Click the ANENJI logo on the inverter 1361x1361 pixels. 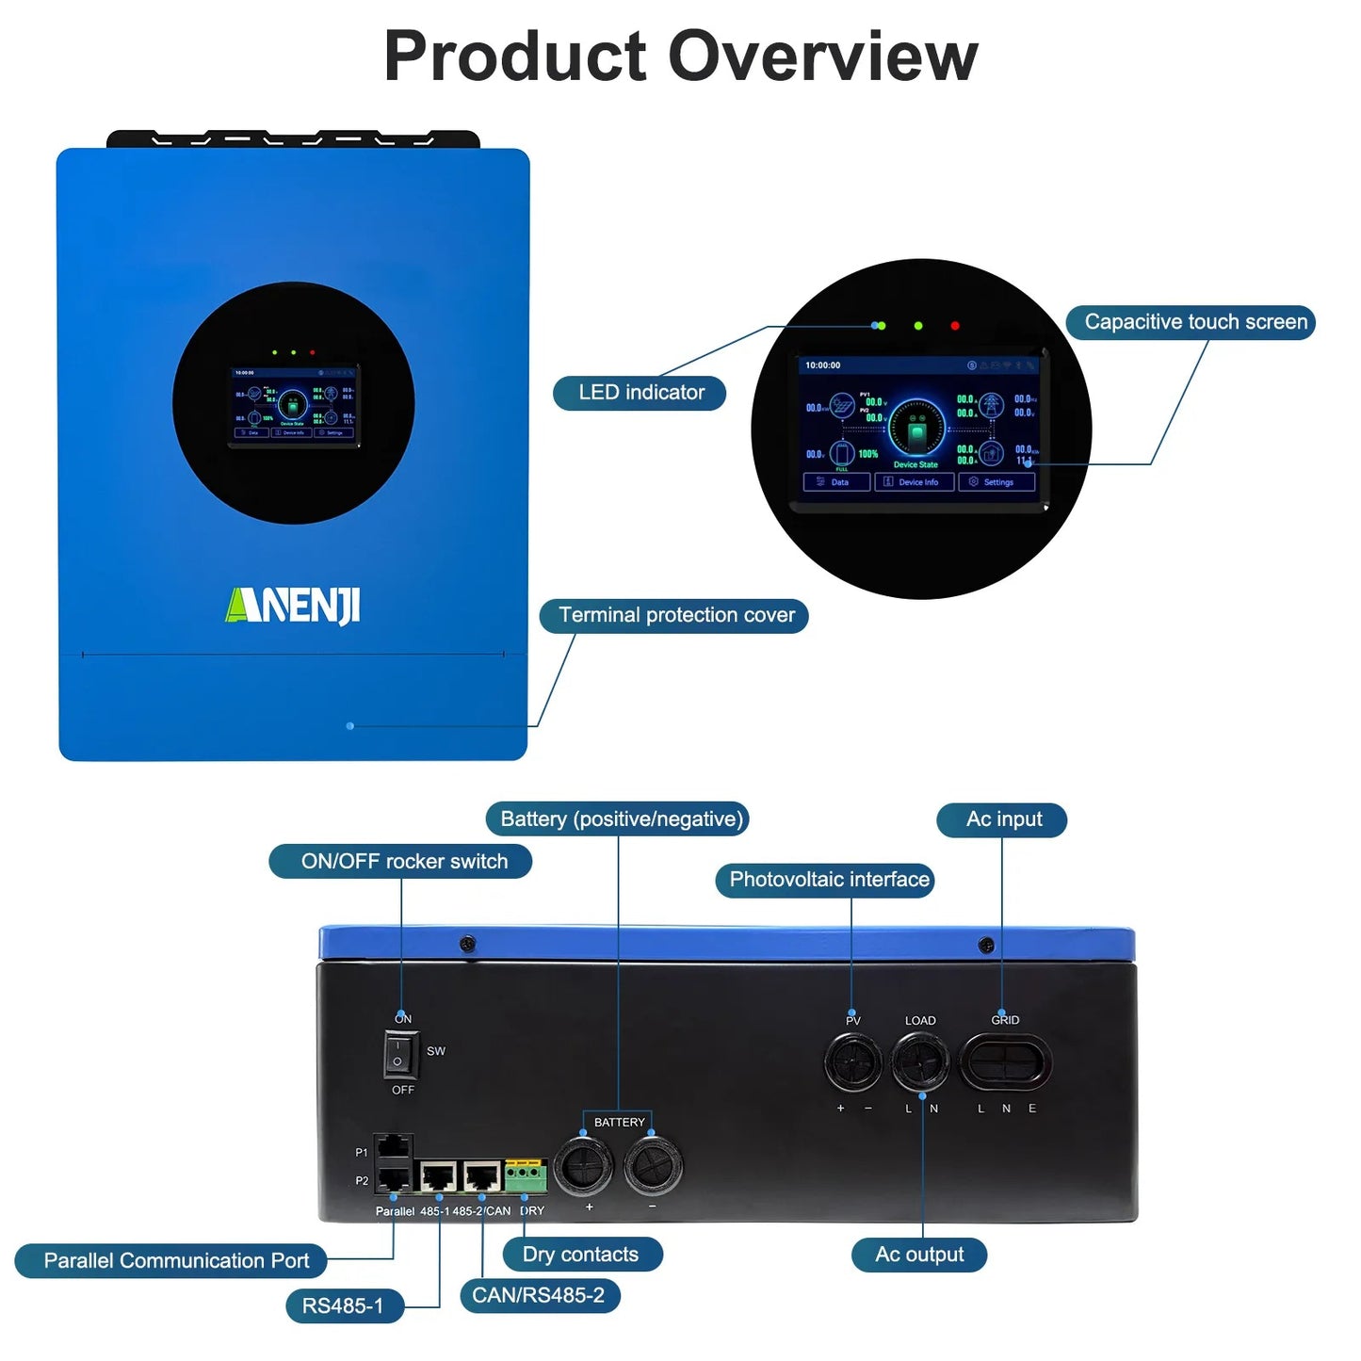coord(293,606)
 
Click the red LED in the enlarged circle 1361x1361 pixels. coord(955,326)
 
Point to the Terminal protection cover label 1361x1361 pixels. coord(675,616)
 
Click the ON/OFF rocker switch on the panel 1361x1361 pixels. coord(400,1054)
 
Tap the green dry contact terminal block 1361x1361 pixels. coord(526,1176)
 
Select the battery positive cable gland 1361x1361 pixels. coord(584,1166)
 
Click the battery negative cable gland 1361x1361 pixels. coord(653,1166)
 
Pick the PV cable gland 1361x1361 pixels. coord(853,1061)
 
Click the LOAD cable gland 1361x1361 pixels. coord(920,1061)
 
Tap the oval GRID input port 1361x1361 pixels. coord(1005,1062)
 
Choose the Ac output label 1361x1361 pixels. coord(919,1255)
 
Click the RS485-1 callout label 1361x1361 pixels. coord(344,1306)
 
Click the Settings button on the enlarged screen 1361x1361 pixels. coord(996,482)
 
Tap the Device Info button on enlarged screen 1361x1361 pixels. coord(915,482)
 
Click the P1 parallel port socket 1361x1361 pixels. coord(394,1146)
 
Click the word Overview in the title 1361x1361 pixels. coord(823,57)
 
